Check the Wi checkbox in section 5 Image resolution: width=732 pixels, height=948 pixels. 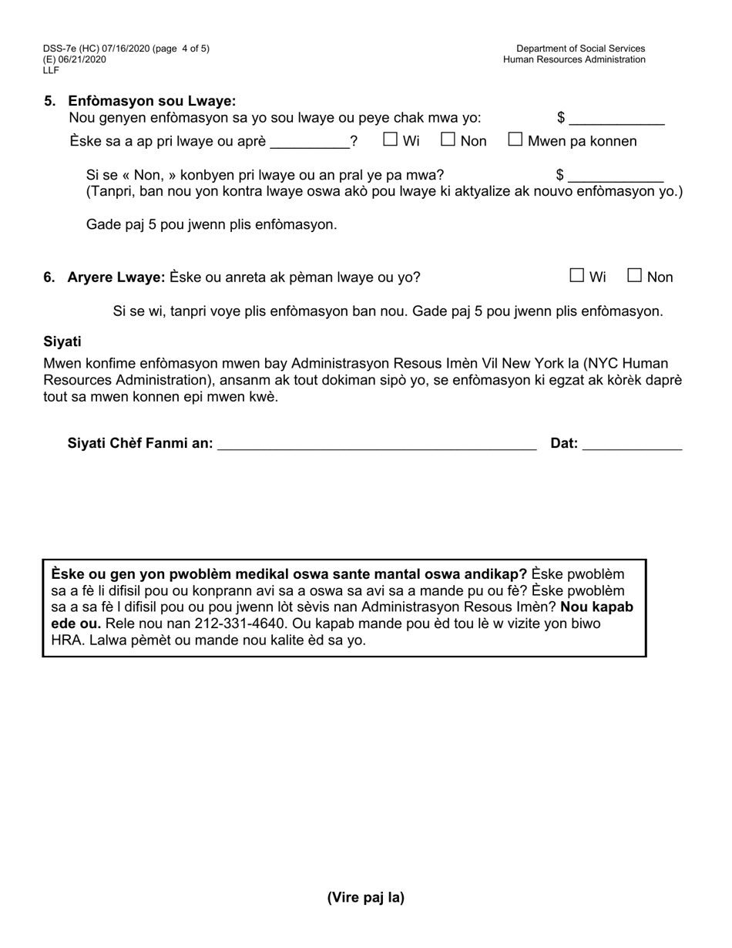(391, 140)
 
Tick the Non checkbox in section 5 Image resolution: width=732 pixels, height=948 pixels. (448, 140)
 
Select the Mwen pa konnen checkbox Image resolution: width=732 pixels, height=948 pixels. (515, 140)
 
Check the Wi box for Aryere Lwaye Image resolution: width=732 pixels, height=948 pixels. (577, 275)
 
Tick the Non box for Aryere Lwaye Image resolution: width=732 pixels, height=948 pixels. (635, 275)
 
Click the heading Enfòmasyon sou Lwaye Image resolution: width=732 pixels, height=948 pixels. (152, 101)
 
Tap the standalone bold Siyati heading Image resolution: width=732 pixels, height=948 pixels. (62, 341)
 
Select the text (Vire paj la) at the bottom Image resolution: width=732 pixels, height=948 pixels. (365, 897)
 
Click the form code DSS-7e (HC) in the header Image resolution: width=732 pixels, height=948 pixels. (78, 49)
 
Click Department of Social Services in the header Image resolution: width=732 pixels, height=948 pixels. (580, 49)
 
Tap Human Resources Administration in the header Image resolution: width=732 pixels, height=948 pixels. (574, 59)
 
